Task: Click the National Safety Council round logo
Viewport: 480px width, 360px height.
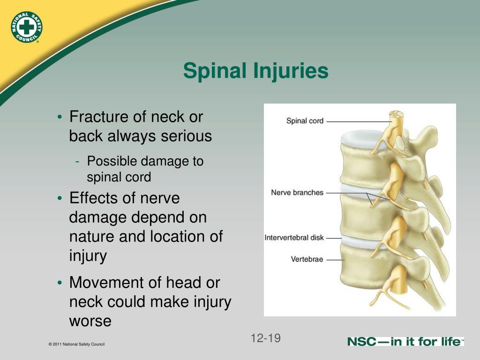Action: [x=26, y=27]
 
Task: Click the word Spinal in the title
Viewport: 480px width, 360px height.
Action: [x=216, y=71]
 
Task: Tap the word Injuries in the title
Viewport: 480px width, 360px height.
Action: [x=291, y=71]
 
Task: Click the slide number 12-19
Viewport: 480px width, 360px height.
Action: [x=266, y=338]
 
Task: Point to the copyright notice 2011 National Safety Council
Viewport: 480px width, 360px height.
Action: [x=76, y=344]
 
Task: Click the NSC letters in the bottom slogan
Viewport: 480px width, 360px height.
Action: [x=361, y=342]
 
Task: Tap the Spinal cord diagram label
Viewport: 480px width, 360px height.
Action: [x=305, y=121]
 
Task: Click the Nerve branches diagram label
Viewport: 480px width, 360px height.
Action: [x=297, y=193]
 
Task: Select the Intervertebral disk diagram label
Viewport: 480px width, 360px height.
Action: [x=294, y=238]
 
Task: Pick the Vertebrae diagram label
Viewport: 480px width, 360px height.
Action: [x=307, y=259]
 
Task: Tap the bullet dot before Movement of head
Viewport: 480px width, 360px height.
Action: [x=60, y=283]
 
